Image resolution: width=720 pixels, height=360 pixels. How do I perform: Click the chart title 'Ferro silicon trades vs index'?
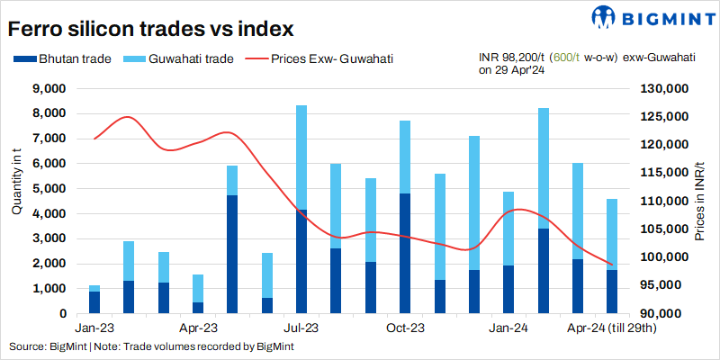pyautogui.click(x=151, y=29)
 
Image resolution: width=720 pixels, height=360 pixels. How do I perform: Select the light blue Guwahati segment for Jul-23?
pyautogui.click(x=301, y=157)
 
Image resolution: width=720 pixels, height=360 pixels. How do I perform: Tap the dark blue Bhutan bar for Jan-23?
pyautogui.click(x=94, y=302)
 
